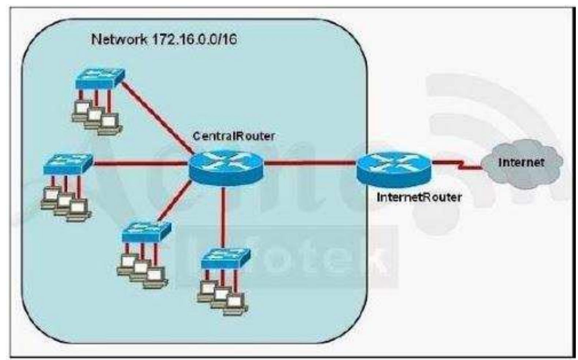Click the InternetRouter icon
(x=394, y=168)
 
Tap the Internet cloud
(x=522, y=163)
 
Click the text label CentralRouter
(x=234, y=136)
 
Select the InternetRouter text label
(x=419, y=197)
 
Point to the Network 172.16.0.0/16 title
(x=164, y=39)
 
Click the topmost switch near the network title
(x=100, y=78)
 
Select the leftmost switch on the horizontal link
(x=68, y=164)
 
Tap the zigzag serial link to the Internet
(x=458, y=164)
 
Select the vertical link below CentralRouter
(x=223, y=216)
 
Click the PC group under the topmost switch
(x=96, y=115)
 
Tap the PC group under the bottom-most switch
(x=221, y=297)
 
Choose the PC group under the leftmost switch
(x=65, y=201)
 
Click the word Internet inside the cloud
(x=521, y=162)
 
